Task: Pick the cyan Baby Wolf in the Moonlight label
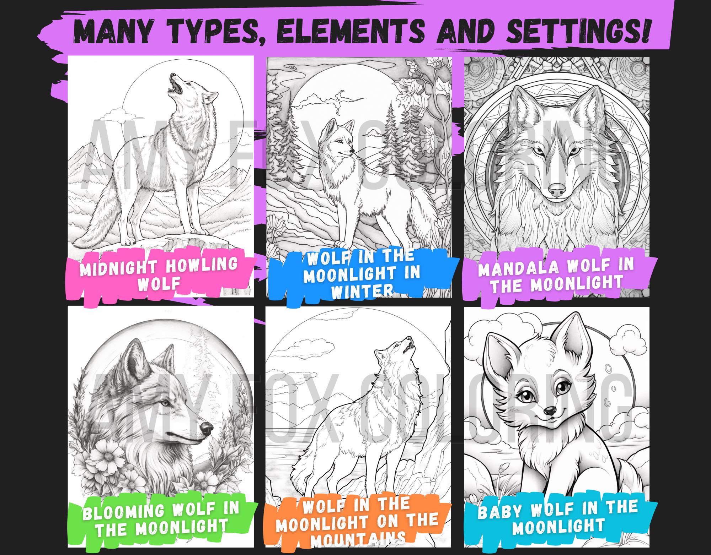[558, 517]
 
